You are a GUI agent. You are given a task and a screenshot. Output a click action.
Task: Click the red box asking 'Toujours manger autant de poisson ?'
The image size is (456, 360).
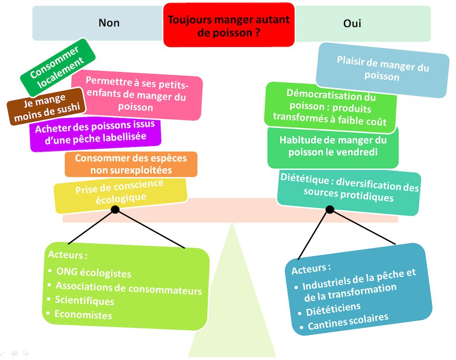[x=228, y=26]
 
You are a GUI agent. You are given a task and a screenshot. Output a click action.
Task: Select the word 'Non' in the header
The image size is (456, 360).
[x=109, y=23]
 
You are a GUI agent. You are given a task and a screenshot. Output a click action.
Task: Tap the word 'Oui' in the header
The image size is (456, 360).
[x=352, y=23]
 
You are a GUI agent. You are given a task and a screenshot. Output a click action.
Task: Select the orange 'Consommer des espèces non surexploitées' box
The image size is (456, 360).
[x=130, y=164]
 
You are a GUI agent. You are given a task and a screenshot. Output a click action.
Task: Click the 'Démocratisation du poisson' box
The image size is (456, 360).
[x=330, y=107]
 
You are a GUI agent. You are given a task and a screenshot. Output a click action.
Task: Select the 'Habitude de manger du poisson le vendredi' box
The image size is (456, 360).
[x=333, y=146]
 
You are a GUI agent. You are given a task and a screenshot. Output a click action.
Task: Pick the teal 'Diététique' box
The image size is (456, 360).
[x=348, y=191]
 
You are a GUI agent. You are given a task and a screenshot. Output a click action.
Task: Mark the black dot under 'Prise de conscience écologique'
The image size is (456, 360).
[x=115, y=209]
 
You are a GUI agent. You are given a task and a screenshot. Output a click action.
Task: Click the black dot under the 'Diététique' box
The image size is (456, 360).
[x=330, y=209]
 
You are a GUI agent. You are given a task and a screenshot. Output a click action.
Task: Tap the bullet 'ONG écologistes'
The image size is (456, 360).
[x=93, y=272]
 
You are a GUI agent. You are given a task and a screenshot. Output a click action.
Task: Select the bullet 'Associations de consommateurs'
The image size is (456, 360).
[x=128, y=288]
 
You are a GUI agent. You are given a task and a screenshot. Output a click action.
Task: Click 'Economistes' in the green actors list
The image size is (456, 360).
[x=83, y=314]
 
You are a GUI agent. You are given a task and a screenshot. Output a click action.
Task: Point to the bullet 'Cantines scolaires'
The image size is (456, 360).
[x=347, y=321]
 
